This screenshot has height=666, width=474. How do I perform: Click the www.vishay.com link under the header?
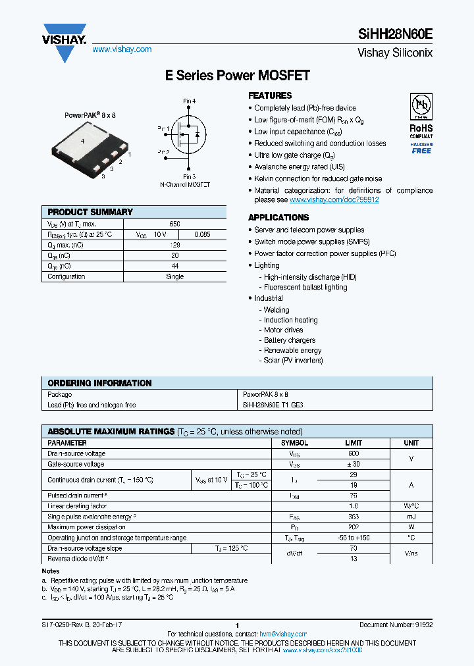pos(122,49)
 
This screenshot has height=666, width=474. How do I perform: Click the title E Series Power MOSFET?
pos(237,76)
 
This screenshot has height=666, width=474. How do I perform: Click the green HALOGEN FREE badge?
pos(421,148)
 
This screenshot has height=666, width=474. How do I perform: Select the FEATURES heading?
pos(270,95)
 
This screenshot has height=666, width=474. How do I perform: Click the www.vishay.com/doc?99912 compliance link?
pos(334,200)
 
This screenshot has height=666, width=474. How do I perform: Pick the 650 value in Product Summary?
pos(174,224)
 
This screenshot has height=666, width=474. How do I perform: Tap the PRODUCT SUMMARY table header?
pos(90,212)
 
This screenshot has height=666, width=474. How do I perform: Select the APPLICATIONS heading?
pos(278,217)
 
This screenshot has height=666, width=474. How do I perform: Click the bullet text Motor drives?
pos(284,330)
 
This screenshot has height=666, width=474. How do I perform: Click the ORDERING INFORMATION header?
pos(100,383)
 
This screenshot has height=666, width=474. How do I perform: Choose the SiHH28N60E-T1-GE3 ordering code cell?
pos(273,405)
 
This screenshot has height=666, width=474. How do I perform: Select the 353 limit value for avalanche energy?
pos(354,517)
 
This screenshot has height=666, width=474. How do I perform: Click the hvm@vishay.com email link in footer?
pos(283,634)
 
